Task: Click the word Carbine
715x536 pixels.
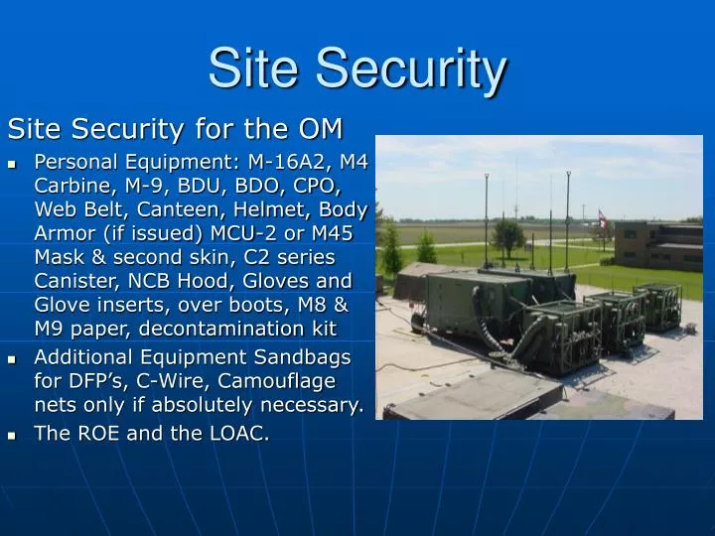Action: (70, 186)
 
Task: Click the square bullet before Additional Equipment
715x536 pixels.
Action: (14, 358)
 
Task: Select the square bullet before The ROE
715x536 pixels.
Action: (14, 434)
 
